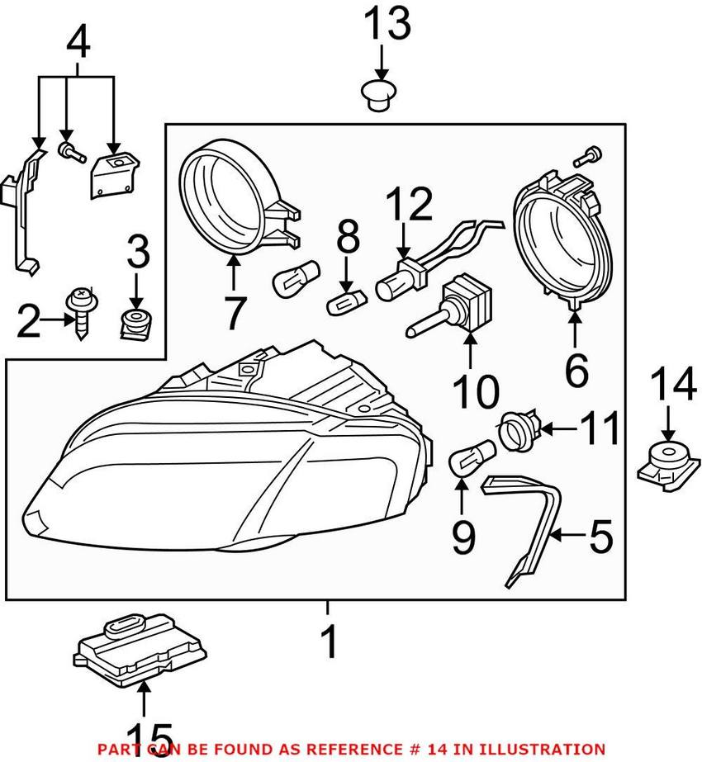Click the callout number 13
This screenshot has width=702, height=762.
coord(387,25)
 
